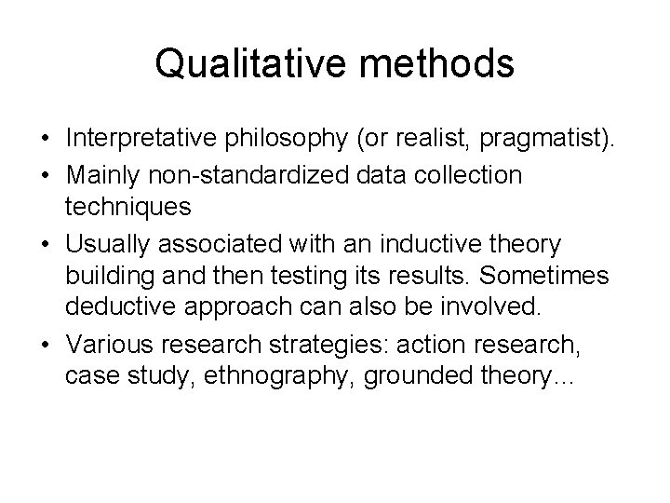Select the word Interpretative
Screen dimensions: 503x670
pos(140,140)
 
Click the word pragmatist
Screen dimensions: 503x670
pos(543,140)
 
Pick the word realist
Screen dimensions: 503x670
pos(425,140)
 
